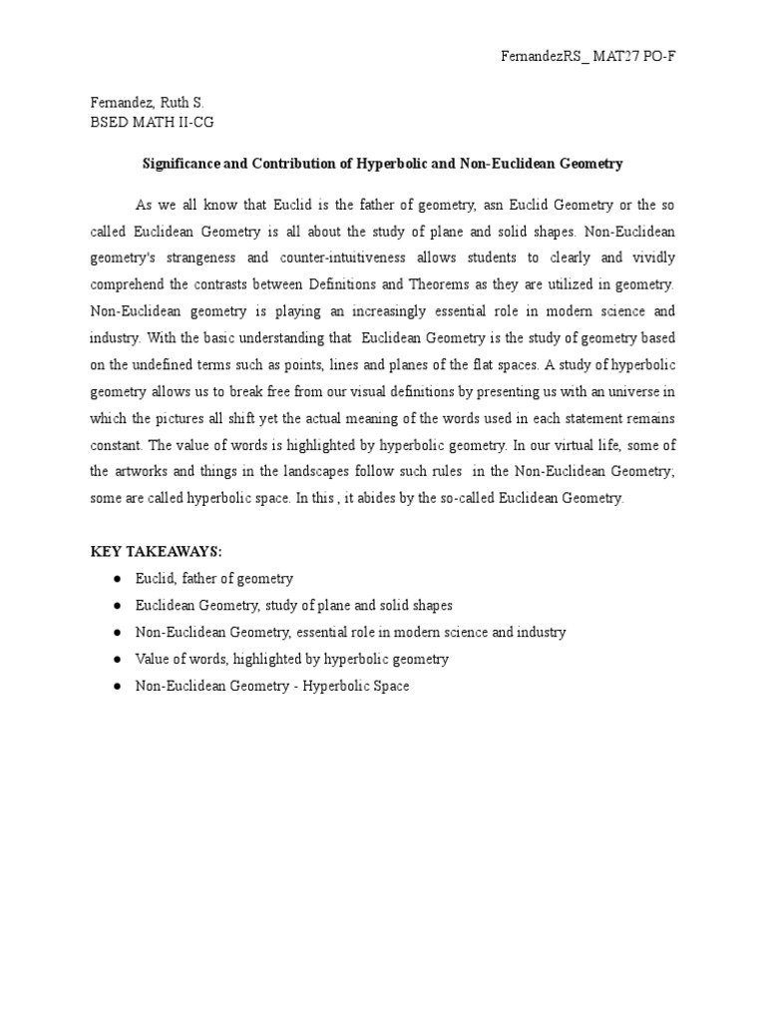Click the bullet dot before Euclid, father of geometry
[117, 579]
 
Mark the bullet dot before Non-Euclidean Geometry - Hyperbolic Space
[117, 687]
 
